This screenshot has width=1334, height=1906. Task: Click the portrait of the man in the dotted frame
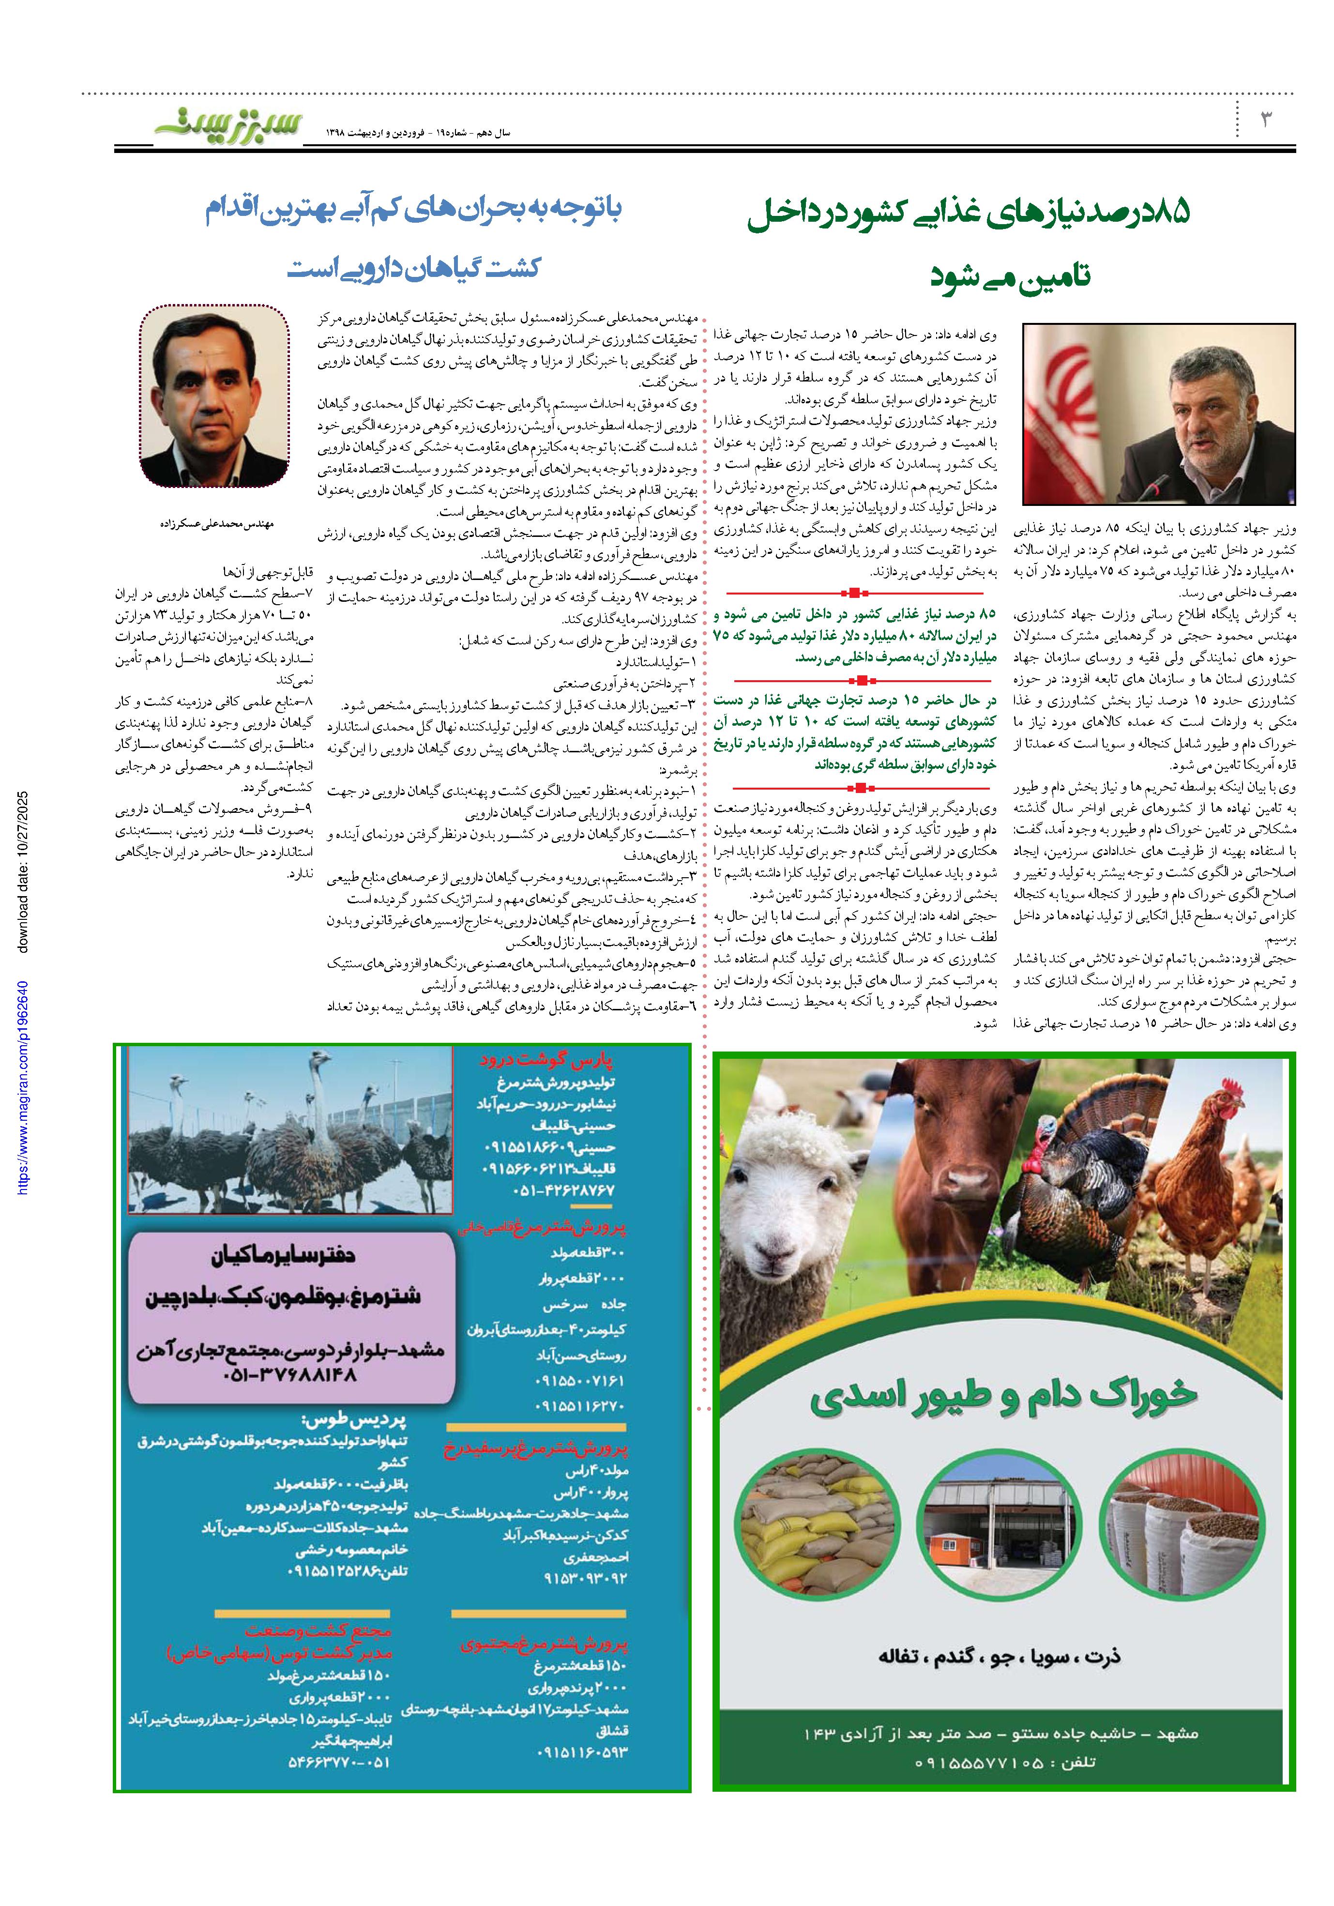(214, 396)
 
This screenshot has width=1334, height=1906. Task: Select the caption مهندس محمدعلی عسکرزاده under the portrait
(217, 525)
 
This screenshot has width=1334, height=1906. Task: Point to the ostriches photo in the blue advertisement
(290, 1130)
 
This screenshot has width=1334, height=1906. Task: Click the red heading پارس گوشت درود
(546, 1060)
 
